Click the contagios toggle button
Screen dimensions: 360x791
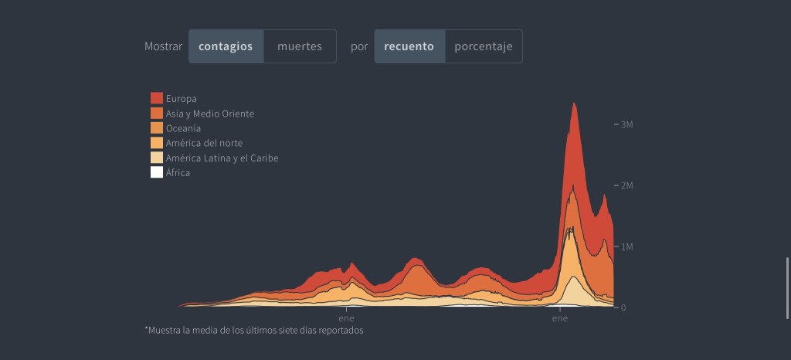[226, 46]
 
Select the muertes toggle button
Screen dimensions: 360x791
[300, 46]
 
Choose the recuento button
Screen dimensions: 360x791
[409, 46]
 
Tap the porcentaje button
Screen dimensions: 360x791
[484, 46]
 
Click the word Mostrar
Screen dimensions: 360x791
[163, 46]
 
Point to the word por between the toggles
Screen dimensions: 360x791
[359, 46]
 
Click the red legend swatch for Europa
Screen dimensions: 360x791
[157, 98]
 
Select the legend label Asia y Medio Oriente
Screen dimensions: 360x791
[209, 114]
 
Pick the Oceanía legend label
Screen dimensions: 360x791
[183, 128]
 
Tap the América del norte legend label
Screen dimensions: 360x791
[204, 143]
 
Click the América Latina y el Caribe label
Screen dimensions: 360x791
[222, 158]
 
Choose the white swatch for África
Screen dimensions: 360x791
[157, 173]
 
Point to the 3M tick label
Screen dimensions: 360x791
[627, 124]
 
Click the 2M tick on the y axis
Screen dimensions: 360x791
[627, 185]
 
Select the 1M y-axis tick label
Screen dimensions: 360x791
[627, 246]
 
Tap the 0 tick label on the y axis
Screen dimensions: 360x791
[622, 307]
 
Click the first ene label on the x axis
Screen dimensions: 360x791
[345, 318]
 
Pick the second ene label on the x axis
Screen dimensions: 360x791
[559, 318]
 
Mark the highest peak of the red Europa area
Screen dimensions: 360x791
[574, 104]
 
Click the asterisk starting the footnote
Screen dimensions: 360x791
[146, 329]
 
